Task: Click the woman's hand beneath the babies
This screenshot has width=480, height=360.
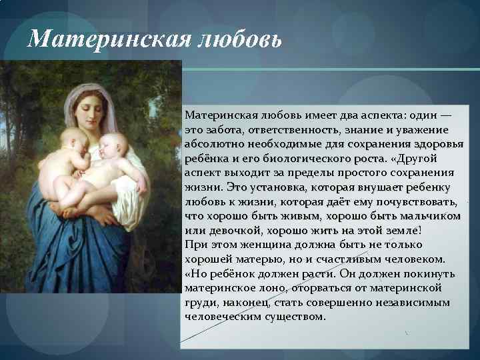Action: tap(100, 213)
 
